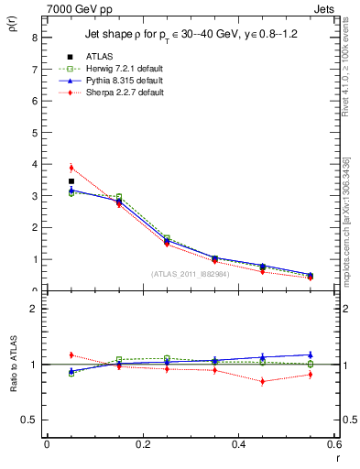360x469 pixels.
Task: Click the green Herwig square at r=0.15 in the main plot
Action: pos(119,197)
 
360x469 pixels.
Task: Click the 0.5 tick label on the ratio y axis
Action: pos(30,420)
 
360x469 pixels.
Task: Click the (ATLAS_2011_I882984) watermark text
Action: pos(190,274)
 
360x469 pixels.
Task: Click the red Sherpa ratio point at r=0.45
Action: pos(262,381)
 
